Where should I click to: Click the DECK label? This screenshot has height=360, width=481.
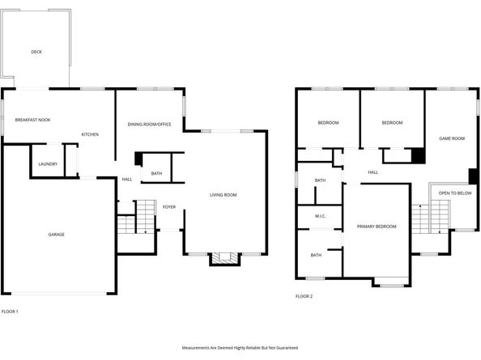point(36,52)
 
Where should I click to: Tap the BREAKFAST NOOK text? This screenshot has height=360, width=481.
point(32,120)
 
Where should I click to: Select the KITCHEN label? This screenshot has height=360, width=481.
point(90,134)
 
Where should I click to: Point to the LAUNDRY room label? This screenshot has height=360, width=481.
point(47,164)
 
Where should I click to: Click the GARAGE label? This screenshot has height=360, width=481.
point(56,235)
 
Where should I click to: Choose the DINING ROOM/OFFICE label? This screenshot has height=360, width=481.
point(149,124)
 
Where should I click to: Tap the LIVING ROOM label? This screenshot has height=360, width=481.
point(223,195)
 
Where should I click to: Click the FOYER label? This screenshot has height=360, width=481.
point(169,207)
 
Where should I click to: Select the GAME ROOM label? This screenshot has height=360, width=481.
point(451,138)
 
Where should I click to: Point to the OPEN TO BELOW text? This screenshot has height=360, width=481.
point(455,193)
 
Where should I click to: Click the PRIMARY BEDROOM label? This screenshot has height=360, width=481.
point(377,227)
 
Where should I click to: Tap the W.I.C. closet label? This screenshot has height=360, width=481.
point(320,217)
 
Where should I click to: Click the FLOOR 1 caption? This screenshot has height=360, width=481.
point(10,311)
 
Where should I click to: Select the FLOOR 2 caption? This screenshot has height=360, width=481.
point(304,297)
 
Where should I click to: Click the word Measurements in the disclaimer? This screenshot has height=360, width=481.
point(199,347)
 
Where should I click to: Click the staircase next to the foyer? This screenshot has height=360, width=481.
point(144,217)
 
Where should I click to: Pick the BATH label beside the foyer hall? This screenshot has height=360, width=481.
point(155,174)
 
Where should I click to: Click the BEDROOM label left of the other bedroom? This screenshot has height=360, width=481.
point(328,122)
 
